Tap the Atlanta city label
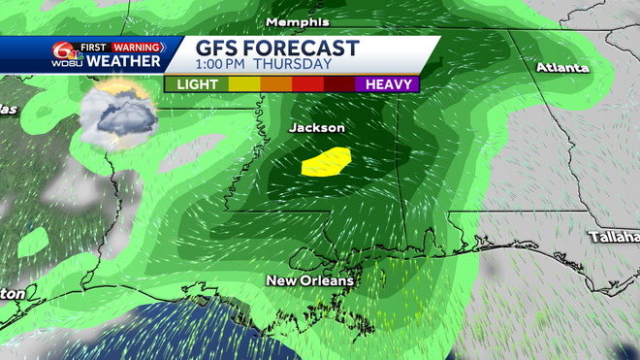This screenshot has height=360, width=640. click(x=562, y=68)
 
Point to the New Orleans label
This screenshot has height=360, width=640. click(x=310, y=280)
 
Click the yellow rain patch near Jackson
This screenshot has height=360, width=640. click(x=326, y=161)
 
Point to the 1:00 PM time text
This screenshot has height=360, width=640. click(x=228, y=65)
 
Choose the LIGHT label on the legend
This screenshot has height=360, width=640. click(x=197, y=84)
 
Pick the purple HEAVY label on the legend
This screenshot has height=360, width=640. click(x=388, y=84)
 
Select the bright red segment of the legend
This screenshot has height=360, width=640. click(x=306, y=84)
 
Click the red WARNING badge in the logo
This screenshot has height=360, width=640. click(x=138, y=46)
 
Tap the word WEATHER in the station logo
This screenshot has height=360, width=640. click(x=125, y=61)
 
